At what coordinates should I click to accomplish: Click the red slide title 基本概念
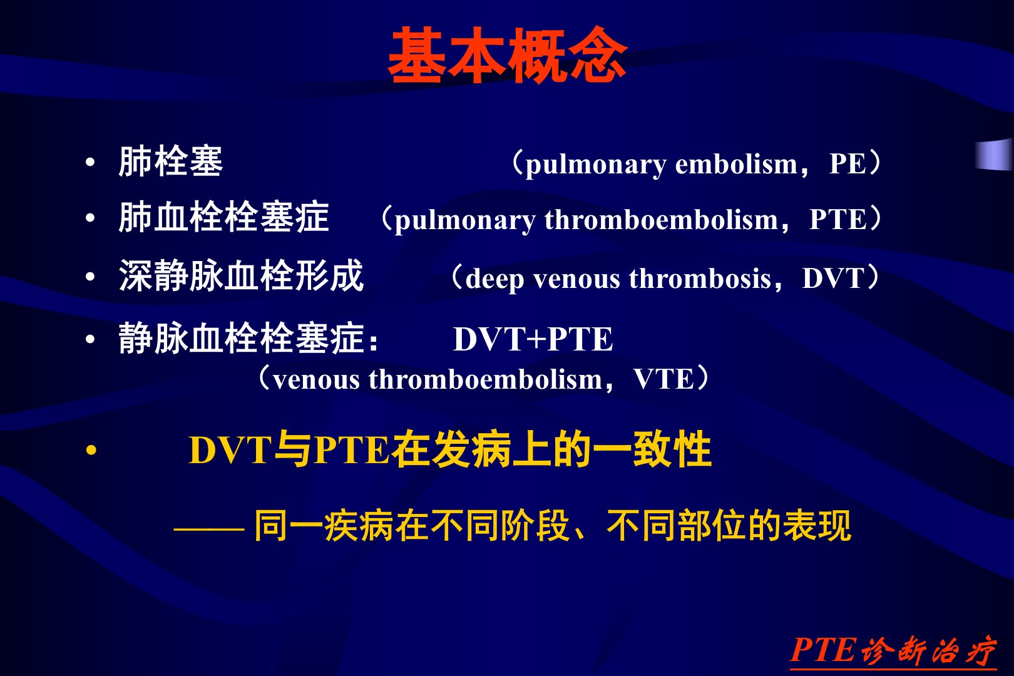[x=508, y=55]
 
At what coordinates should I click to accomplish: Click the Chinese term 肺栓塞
[x=171, y=161]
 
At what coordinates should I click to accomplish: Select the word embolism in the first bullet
[x=736, y=163]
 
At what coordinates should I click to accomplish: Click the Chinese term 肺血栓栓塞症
[x=223, y=217]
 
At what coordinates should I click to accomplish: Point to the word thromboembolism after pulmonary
[x=662, y=220]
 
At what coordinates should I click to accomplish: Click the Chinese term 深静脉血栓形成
[x=241, y=276]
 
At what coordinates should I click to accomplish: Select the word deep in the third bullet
[x=494, y=279]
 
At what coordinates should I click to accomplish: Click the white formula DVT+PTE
[x=533, y=339]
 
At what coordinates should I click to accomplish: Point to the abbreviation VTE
[x=663, y=379]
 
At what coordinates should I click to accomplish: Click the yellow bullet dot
[x=91, y=451]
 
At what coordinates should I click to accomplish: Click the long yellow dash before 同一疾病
[x=209, y=528]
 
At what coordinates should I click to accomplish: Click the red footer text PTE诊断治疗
[x=893, y=650]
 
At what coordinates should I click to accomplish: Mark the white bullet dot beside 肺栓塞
[x=90, y=162]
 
